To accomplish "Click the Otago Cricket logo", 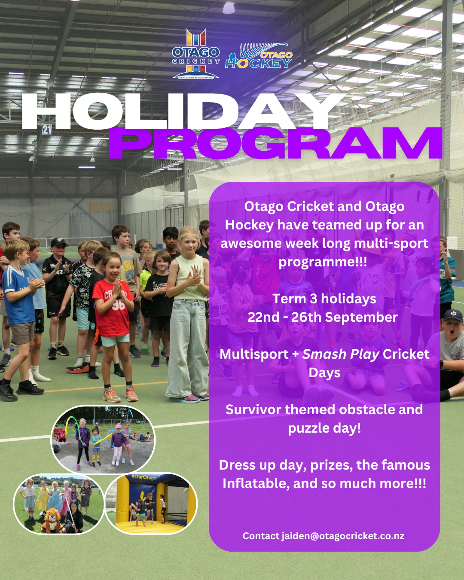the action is point(196,54).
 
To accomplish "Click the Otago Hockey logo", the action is point(259,56).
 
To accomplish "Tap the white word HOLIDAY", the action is point(183,111).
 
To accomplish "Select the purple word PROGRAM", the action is point(275,143).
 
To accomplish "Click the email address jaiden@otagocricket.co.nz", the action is point(343,536).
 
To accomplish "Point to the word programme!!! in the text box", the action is point(323,262).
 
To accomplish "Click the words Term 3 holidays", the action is point(324,299).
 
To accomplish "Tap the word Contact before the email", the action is point(261,536).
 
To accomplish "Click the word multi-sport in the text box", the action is point(391,244).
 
